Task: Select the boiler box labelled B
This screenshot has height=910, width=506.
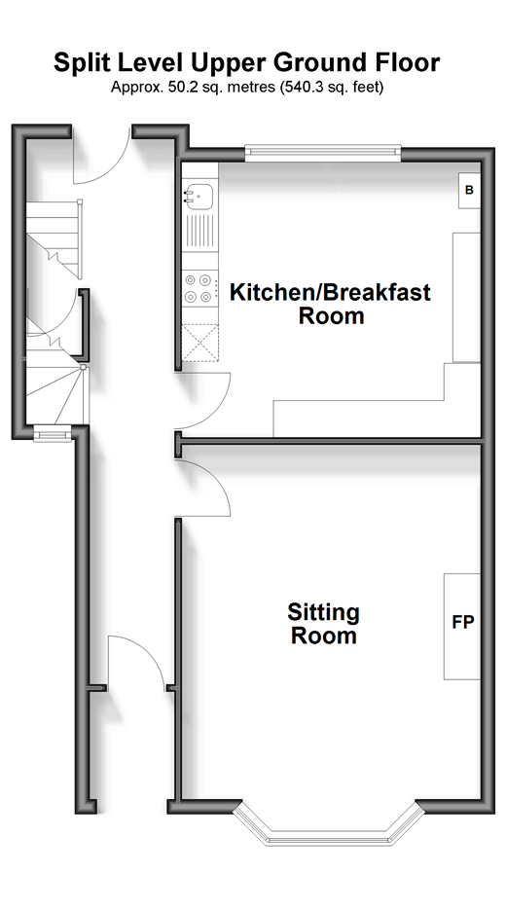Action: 469,191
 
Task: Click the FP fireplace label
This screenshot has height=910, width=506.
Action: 463,623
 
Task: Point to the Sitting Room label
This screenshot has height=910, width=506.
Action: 324,624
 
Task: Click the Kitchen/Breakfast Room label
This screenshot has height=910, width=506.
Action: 331,304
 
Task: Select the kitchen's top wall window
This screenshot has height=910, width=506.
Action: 323,153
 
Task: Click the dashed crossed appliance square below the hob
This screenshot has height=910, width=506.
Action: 200,343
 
